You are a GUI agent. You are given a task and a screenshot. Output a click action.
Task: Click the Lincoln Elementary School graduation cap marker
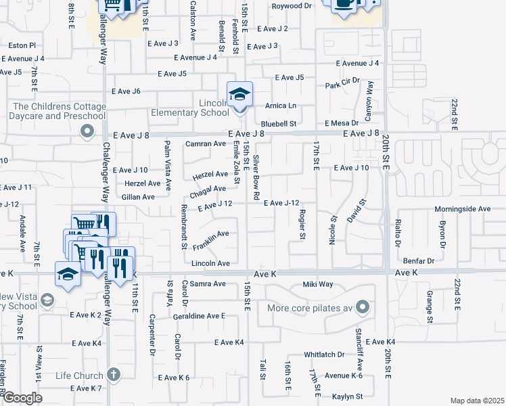click(x=239, y=95)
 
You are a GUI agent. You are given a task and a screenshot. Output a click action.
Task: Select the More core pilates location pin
click(x=362, y=308)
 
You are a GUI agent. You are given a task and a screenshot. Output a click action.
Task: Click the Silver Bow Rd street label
click(x=256, y=177)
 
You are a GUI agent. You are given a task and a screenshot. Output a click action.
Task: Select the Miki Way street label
click(x=317, y=284)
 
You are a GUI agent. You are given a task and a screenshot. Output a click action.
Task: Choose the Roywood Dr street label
click(x=292, y=6)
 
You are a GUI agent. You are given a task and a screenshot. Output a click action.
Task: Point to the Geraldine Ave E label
click(x=199, y=316)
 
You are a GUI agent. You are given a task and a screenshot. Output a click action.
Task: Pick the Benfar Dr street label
click(x=417, y=261)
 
